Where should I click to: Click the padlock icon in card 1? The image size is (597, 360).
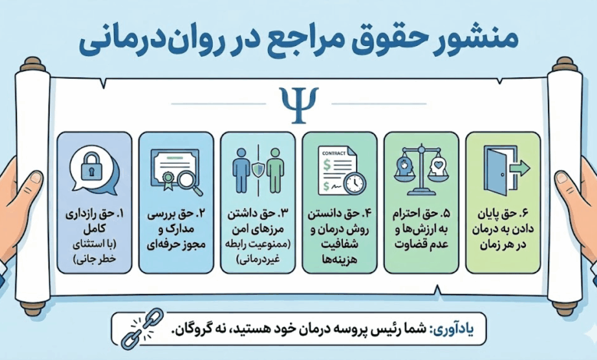pyautogui.click(x=91, y=169)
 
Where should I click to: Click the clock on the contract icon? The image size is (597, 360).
pyautogui.click(x=355, y=183)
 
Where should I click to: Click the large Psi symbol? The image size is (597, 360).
pyautogui.click(x=298, y=105)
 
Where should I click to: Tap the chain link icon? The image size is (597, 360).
pyautogui.click(x=142, y=329)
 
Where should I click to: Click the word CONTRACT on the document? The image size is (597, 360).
pyautogui.click(x=334, y=153)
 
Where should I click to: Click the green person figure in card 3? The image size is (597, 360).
pyautogui.click(x=276, y=169)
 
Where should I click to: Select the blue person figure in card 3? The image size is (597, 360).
pyautogui.click(x=241, y=169)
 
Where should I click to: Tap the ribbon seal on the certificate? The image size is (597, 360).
pyautogui.click(x=168, y=181)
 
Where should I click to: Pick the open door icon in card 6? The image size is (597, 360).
pyautogui.click(x=494, y=171)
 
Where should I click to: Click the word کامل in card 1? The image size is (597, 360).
pyautogui.click(x=94, y=230)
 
